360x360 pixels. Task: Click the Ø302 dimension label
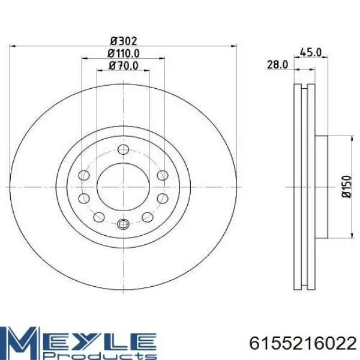click(x=124, y=41)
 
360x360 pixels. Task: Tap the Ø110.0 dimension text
click(x=124, y=53)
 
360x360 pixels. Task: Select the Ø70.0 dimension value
click(x=124, y=66)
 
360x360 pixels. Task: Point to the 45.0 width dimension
click(x=311, y=53)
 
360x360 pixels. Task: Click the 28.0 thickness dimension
click(x=277, y=65)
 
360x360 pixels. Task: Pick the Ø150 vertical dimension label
click(x=346, y=187)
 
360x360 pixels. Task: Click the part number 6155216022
click(x=303, y=344)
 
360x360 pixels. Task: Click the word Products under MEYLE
click(x=100, y=356)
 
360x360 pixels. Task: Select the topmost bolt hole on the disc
click(x=123, y=149)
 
